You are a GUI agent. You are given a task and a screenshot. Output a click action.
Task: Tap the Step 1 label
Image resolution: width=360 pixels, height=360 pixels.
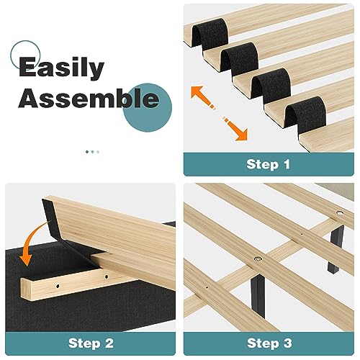(268, 164)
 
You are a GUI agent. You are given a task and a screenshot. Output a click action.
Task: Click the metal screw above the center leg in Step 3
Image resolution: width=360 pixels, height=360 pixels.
(256, 257)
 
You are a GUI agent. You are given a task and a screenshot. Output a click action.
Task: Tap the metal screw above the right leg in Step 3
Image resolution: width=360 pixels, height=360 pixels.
(339, 214)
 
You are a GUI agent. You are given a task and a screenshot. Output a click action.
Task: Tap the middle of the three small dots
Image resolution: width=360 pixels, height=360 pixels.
(92, 152)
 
